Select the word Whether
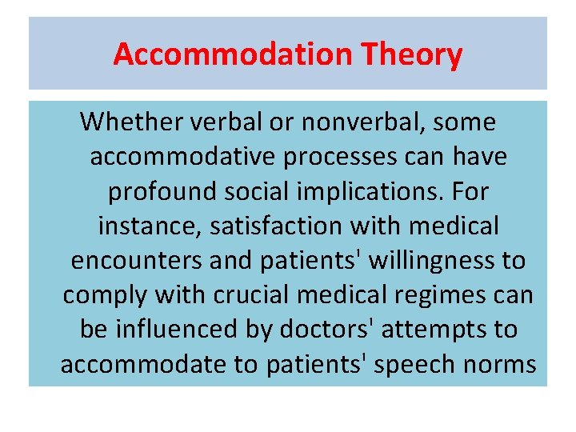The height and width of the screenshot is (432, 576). (133, 122)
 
